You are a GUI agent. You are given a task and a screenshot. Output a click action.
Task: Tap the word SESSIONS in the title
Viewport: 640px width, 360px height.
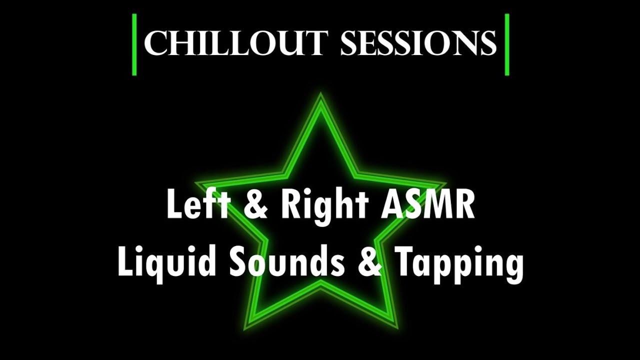coord(419,43)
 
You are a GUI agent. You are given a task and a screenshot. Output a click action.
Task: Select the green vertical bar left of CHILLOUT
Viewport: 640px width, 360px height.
coord(134,44)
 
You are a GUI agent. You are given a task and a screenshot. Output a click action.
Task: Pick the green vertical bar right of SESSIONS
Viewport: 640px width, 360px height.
coord(507,44)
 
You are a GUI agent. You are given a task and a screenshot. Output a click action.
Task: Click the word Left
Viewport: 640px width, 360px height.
coord(196,205)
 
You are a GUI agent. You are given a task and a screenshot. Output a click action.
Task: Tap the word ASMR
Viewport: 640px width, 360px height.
coord(427,205)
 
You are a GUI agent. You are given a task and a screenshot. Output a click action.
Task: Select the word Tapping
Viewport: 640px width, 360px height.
coord(459,263)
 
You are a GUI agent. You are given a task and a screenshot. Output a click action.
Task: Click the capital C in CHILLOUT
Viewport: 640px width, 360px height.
coord(155,43)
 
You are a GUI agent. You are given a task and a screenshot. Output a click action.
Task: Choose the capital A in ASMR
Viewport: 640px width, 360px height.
coord(392,205)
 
